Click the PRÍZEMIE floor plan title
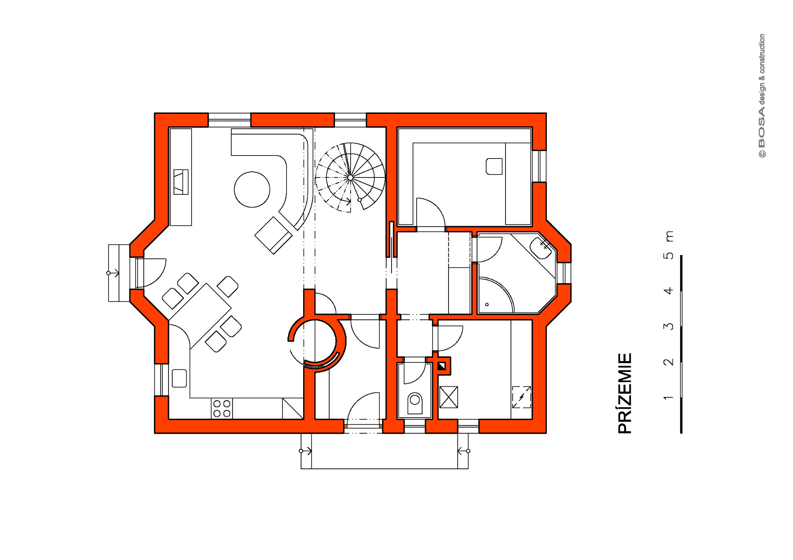point(624,393)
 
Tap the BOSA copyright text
point(762,96)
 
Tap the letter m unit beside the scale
point(669,236)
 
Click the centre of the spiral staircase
point(350,178)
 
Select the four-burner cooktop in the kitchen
point(222,408)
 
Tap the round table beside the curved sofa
point(252,189)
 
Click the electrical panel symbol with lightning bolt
point(521,397)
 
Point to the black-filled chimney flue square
point(441,366)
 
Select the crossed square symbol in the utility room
point(449,397)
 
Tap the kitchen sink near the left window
point(179,378)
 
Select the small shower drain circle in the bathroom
point(487,305)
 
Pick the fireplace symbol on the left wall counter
point(181,182)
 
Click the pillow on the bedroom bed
point(494,166)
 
